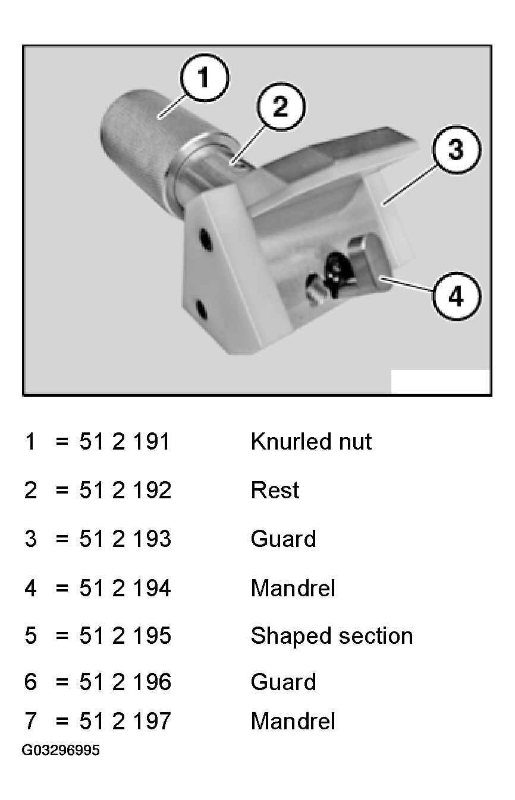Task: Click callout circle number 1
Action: (204, 78)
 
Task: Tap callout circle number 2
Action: (281, 106)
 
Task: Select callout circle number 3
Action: (457, 149)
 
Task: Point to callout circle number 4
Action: (457, 296)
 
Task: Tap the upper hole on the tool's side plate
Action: (206, 239)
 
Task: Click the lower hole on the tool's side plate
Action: (202, 310)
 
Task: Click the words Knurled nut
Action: (311, 442)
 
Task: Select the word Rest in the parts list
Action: (275, 490)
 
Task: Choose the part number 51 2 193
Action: (125, 539)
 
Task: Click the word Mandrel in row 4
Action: (293, 587)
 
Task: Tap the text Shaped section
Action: (332, 636)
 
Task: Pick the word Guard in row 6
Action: (283, 682)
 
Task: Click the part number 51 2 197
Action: (125, 721)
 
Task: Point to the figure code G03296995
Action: (61, 750)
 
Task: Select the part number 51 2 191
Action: (124, 442)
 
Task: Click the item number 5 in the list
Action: (31, 635)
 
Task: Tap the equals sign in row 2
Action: (62, 491)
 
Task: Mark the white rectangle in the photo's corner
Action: (440, 381)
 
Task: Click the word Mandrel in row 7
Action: (293, 721)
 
